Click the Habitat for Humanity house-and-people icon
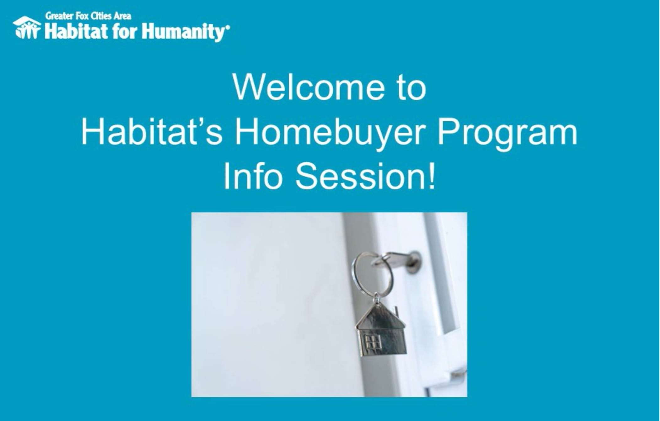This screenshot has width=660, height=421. click(27, 27)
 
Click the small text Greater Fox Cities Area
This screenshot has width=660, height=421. click(88, 16)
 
